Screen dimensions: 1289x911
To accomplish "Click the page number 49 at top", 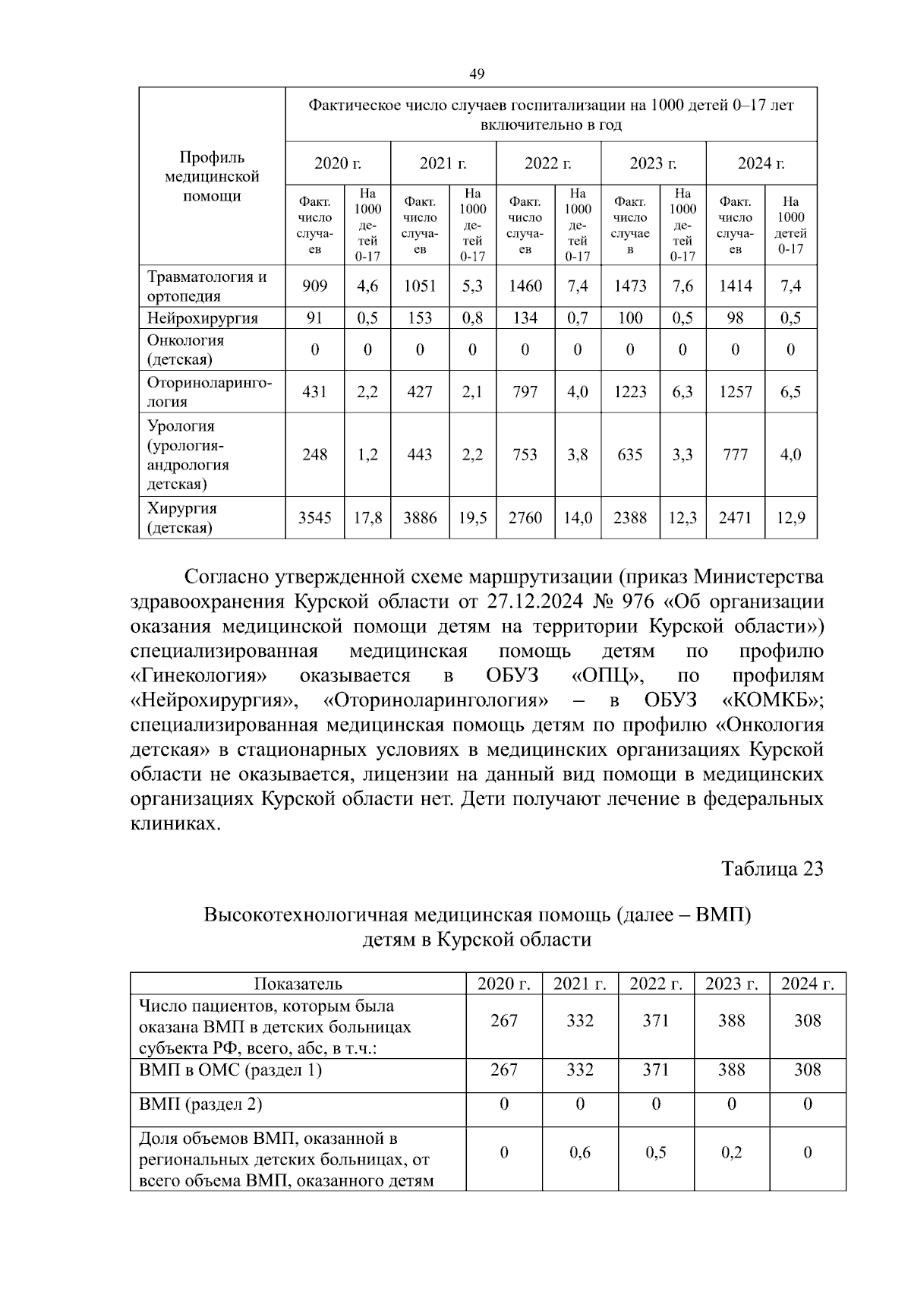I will (x=477, y=74).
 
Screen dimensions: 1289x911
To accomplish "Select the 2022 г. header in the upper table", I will (x=547, y=163).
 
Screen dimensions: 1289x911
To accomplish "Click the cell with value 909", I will (x=314, y=286).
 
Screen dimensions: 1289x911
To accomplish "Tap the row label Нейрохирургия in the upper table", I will (x=203, y=318).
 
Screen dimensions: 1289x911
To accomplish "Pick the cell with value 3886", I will (x=420, y=518).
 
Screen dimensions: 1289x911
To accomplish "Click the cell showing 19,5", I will (x=472, y=518).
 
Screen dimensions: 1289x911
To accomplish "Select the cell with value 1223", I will (x=630, y=392).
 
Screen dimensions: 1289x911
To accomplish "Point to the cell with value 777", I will (x=735, y=455).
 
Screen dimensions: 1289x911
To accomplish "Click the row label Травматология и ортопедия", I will (x=206, y=286).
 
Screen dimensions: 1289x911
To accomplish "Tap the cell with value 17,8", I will (x=367, y=518).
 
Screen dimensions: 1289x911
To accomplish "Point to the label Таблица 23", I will (x=772, y=869).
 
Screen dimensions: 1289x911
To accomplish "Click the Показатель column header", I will (x=298, y=984).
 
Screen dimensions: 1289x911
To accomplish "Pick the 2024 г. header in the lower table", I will (x=807, y=984).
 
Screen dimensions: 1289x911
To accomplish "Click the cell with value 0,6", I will (x=579, y=1152).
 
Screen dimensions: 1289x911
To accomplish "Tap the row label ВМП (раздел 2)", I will (x=201, y=1104).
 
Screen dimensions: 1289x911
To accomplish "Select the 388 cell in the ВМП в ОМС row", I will (x=731, y=1070).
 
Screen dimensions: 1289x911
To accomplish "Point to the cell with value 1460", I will (x=525, y=286).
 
